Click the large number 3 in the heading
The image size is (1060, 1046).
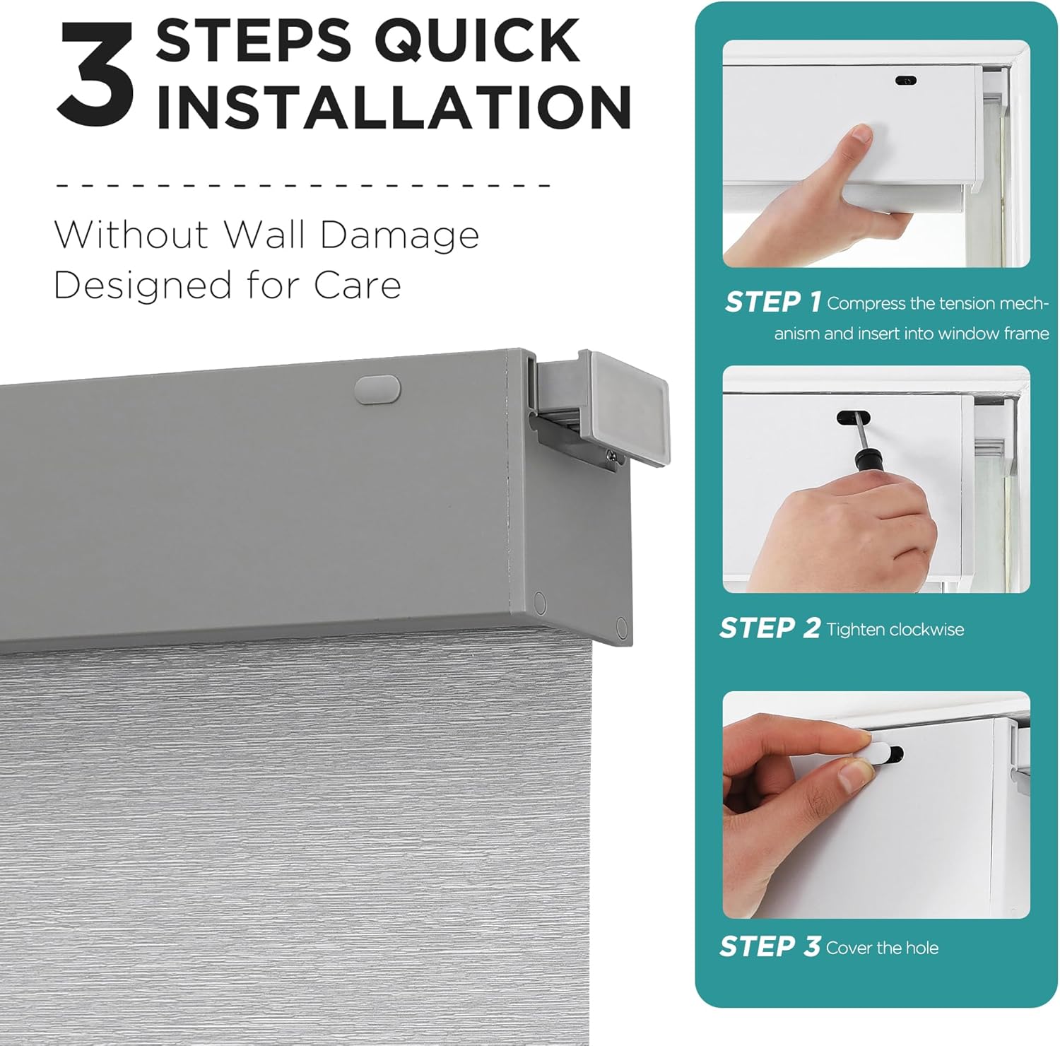click(x=95, y=74)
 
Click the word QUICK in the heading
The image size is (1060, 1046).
click(x=478, y=40)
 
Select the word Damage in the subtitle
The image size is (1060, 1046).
click(x=399, y=236)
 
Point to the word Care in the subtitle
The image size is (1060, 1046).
click(x=358, y=286)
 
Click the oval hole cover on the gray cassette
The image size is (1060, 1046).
click(x=377, y=389)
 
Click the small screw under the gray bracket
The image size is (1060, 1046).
click(x=608, y=461)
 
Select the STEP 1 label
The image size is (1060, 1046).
click(x=772, y=302)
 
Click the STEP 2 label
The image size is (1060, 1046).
click(x=770, y=628)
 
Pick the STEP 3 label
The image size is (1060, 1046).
click(x=770, y=946)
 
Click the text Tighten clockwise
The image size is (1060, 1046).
click(x=895, y=629)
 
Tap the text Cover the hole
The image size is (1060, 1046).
click(x=882, y=948)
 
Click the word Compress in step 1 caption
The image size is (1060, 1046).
click(x=866, y=304)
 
